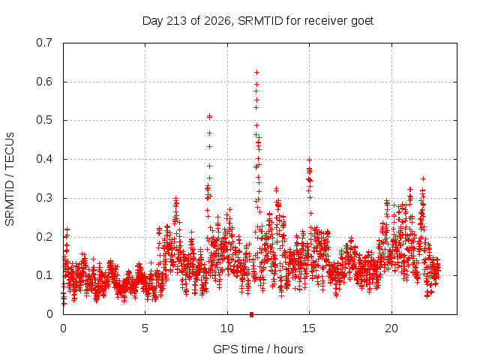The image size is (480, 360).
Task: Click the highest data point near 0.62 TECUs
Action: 256,72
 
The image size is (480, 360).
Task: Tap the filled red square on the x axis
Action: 252,314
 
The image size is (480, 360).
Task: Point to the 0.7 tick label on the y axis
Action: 44,43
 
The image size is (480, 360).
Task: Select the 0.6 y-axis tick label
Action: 44,82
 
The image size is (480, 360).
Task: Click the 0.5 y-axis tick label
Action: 44,120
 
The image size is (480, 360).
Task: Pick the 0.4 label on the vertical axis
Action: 44,159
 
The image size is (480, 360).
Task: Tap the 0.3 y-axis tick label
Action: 44,198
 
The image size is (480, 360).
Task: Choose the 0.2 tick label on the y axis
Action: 44,237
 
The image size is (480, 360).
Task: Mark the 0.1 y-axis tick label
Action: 44,275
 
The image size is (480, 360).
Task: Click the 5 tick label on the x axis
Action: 145,328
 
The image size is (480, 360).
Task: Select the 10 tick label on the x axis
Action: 227,328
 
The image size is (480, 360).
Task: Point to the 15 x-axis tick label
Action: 309,328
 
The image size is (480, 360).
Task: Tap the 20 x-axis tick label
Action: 391,328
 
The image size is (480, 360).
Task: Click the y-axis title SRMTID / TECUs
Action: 10,179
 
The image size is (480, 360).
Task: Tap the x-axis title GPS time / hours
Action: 258,349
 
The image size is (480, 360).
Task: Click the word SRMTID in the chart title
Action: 260,21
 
